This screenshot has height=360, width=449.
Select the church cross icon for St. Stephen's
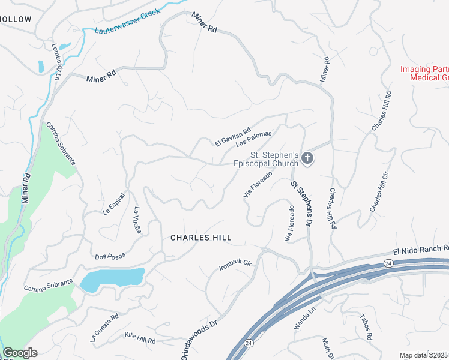click(x=307, y=158)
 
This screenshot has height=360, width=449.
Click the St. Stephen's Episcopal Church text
click(x=265, y=159)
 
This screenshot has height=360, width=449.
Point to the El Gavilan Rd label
click(x=232, y=136)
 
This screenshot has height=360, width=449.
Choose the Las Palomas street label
click(x=254, y=139)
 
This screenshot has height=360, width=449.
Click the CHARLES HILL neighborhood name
click(x=200, y=238)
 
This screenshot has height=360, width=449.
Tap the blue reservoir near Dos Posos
click(x=113, y=279)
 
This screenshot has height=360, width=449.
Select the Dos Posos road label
click(x=110, y=256)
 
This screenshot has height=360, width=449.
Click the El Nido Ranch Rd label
click(x=420, y=248)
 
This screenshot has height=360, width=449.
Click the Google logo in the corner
click(x=20, y=353)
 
